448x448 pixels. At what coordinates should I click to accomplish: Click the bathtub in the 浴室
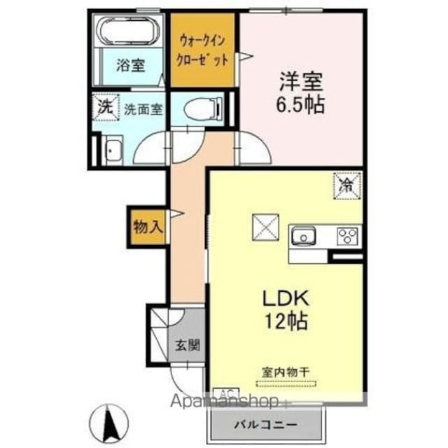coord(130,32)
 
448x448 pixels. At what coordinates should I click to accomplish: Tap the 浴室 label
coord(130,66)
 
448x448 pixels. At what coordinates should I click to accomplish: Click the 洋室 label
coord(302,83)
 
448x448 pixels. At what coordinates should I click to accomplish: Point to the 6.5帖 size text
coord(302,106)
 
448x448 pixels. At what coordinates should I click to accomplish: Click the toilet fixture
coord(202,108)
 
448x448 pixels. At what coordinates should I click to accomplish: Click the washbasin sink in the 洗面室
coord(111,150)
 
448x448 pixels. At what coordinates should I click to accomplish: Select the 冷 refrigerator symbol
coord(346,185)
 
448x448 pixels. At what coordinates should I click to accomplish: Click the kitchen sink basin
coord(305,237)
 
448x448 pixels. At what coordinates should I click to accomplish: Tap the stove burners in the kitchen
coord(348,237)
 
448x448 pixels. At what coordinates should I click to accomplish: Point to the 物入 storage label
coord(148,226)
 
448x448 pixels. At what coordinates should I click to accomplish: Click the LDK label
coord(286,298)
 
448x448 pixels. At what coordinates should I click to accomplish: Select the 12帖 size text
coord(286,323)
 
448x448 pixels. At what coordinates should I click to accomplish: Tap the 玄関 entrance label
coord(187,344)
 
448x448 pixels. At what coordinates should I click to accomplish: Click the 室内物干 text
coord(286,372)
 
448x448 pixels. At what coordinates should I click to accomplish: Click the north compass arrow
coord(110,421)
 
